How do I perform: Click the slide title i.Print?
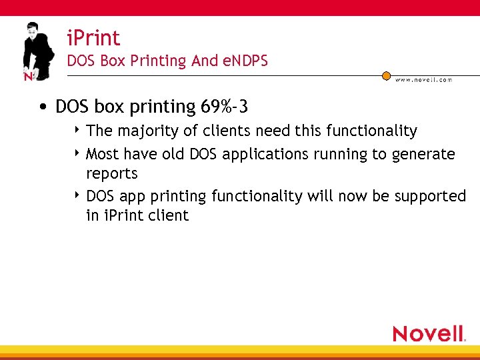click(x=93, y=38)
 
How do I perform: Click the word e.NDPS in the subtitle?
click(x=245, y=61)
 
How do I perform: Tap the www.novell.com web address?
click(x=423, y=80)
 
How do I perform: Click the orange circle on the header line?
click(x=386, y=76)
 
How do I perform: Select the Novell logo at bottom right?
click(x=429, y=333)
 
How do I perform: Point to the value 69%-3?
click(x=224, y=107)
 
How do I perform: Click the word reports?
click(x=112, y=174)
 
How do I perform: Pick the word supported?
click(x=430, y=197)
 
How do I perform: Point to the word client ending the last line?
click(x=169, y=216)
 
